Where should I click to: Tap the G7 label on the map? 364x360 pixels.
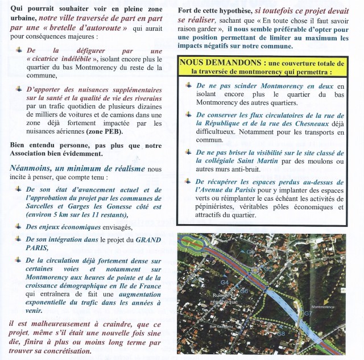tap(308, 313)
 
